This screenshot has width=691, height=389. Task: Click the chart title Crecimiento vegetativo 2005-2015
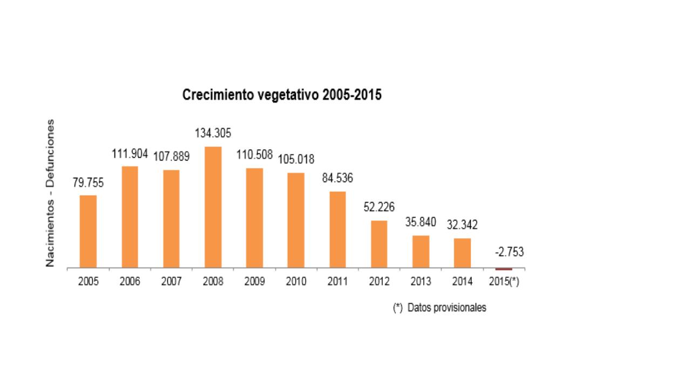coord(282,95)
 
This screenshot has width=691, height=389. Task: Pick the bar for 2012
coord(379,244)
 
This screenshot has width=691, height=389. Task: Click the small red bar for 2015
coord(504,269)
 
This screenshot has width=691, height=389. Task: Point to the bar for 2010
coord(296,220)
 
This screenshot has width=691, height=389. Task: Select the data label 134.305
coord(213,133)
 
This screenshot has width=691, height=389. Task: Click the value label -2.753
coord(509,252)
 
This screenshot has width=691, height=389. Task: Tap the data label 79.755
coord(88,183)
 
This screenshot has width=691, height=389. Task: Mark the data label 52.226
coord(379,207)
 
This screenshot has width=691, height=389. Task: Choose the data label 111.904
coord(130,154)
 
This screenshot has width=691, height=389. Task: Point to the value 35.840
coord(421,222)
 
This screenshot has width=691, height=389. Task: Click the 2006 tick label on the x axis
coord(130,281)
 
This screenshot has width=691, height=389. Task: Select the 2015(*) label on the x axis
coord(504,281)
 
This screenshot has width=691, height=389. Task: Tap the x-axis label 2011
coord(337,281)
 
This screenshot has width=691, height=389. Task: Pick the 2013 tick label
coord(421,281)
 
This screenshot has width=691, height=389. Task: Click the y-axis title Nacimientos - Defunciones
coord(50,193)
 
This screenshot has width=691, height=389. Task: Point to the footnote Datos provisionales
coord(439,307)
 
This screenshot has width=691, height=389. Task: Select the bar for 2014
coord(462,253)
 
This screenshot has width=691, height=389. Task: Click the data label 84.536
coord(337,178)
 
